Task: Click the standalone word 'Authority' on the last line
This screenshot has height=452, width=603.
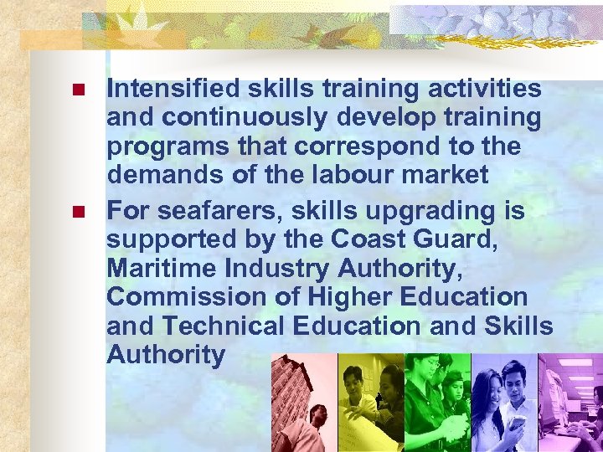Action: click(166, 356)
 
